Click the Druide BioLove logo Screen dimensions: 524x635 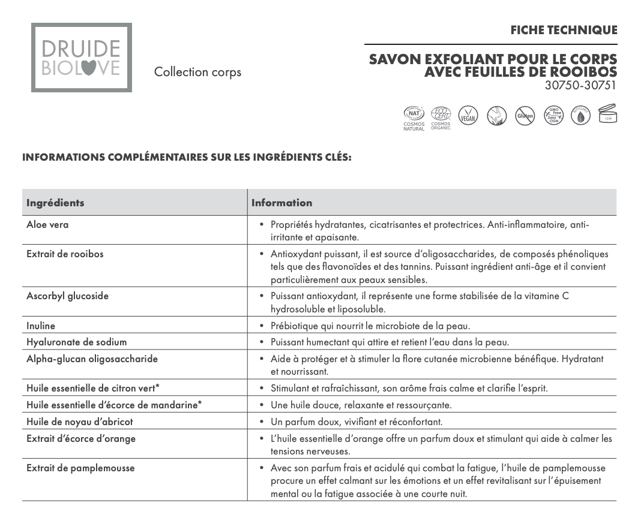(82, 58)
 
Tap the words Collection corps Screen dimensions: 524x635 (197, 73)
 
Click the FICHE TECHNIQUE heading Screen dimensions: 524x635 (564, 30)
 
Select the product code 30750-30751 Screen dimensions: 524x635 (580, 85)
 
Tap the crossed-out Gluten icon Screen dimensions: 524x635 (525, 116)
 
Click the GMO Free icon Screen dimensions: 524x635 (553, 115)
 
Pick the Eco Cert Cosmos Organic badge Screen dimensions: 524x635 (441, 117)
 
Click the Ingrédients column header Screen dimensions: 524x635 (55, 203)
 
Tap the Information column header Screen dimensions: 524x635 (281, 203)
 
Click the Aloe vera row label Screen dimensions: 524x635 (47, 224)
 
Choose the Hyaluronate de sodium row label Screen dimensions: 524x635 (76, 342)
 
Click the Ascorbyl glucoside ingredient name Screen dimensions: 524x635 (67, 296)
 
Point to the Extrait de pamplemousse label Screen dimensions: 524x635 (80, 468)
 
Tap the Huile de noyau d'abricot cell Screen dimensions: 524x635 (79, 421)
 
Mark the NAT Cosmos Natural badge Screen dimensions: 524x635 (414, 117)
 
